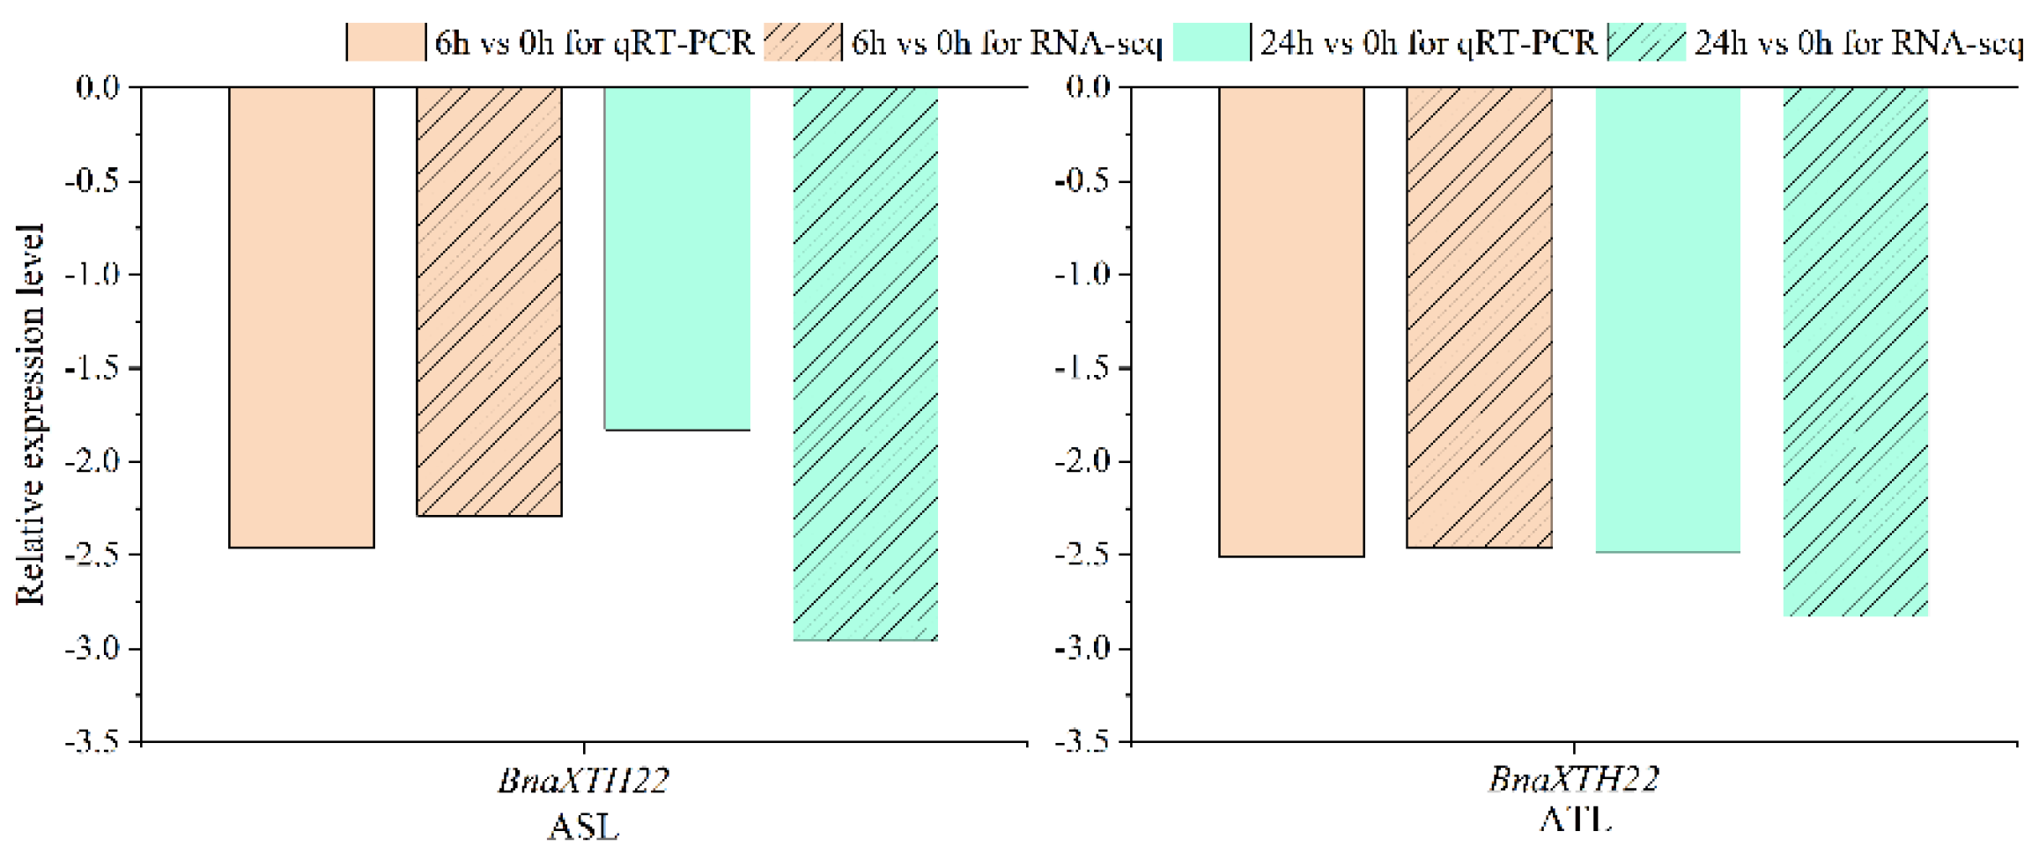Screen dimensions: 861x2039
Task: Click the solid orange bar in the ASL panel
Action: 301,317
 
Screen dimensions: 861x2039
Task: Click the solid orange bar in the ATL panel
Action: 1291,321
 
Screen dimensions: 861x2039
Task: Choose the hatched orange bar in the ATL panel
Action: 1479,317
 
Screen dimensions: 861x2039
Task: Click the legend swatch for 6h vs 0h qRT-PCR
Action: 386,42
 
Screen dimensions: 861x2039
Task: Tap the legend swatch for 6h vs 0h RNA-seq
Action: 802,42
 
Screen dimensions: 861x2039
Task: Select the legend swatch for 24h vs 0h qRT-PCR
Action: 1211,42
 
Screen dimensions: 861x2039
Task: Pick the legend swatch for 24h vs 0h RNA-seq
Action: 1646,42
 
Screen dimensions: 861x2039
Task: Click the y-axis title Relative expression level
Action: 30,414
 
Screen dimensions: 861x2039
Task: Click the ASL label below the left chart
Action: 583,828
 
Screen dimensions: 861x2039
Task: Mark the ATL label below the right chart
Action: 1575,821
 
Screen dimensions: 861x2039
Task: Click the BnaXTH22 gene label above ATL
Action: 1574,779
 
